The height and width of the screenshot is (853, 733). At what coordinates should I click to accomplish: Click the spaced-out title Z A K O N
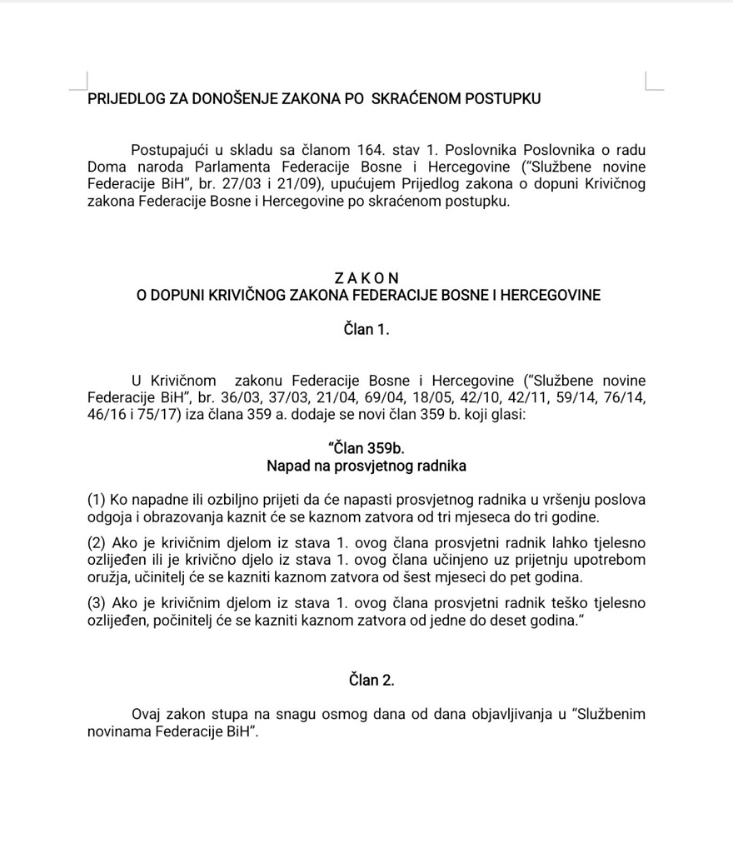[366, 277]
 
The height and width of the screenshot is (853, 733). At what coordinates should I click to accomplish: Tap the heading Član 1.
[366, 330]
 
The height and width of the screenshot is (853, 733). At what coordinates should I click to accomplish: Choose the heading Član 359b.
[366, 449]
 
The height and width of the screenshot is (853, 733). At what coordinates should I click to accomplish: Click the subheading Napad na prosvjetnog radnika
[366, 466]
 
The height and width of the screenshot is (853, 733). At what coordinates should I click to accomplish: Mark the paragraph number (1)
[97, 500]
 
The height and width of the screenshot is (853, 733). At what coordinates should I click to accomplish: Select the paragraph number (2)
[97, 543]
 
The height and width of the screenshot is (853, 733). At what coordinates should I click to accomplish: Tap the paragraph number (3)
[97, 603]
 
